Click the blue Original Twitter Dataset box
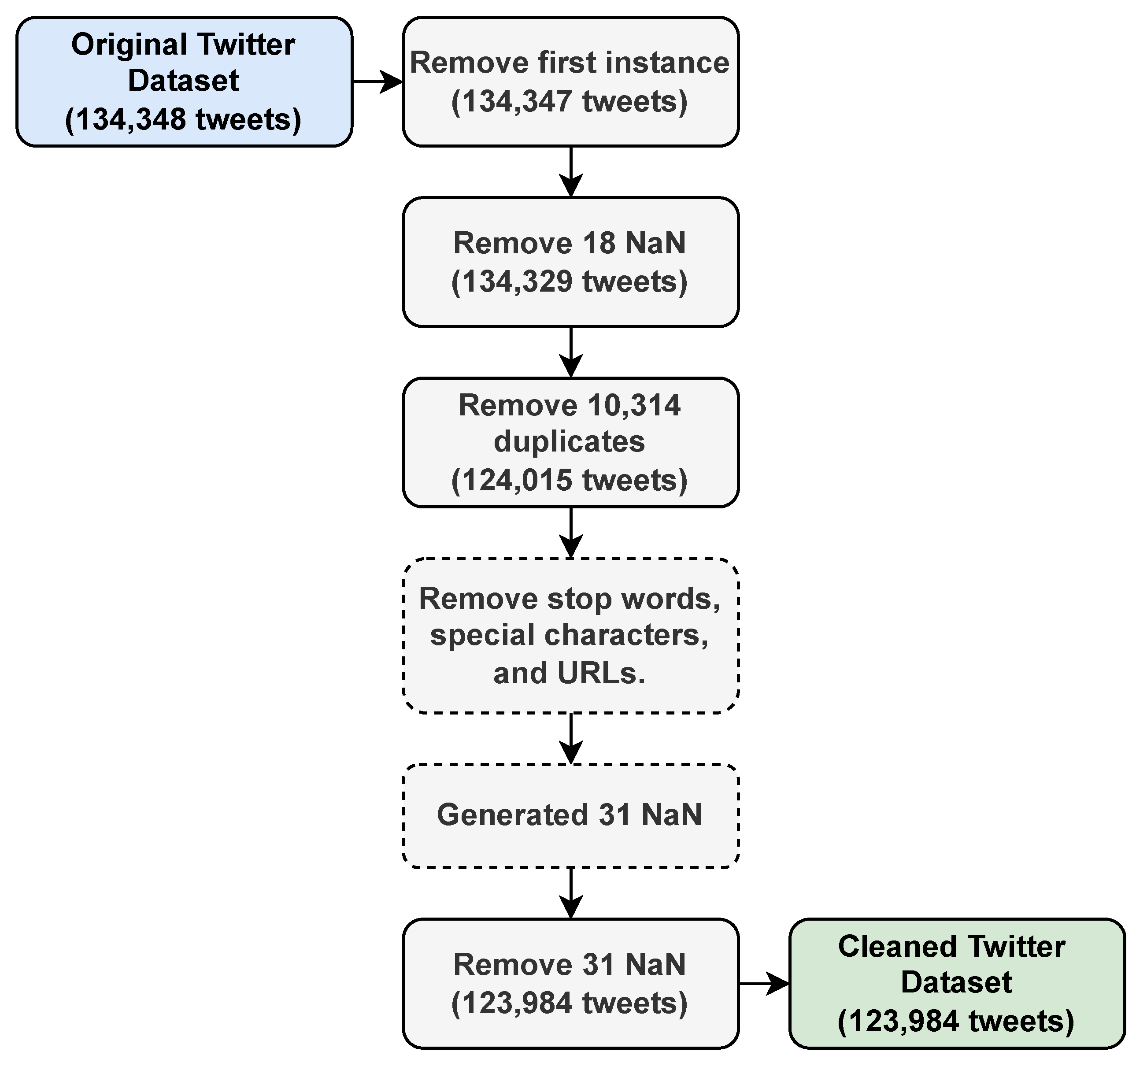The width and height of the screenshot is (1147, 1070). (x=184, y=82)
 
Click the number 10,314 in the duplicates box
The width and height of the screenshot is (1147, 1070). (x=633, y=406)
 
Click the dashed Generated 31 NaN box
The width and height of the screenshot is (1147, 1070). (x=570, y=815)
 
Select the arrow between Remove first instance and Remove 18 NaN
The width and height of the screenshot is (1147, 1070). (x=570, y=172)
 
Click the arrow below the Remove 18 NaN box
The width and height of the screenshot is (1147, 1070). (x=570, y=352)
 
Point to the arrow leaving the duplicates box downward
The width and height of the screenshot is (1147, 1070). (x=570, y=532)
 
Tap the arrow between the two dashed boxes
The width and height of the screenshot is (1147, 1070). (x=570, y=739)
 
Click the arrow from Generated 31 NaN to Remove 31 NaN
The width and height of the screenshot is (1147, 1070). (x=570, y=893)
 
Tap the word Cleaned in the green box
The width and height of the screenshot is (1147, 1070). (x=898, y=947)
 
